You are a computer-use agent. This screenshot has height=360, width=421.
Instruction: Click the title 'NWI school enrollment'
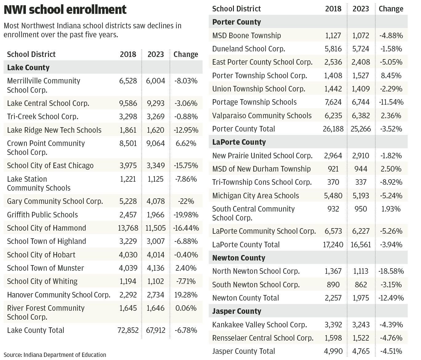click(65, 10)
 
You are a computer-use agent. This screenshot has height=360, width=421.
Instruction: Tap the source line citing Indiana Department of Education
click(55, 355)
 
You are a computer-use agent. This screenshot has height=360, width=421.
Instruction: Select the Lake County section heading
click(28, 67)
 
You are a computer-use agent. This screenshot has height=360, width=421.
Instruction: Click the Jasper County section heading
click(236, 311)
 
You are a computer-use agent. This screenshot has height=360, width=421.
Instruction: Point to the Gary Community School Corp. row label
click(55, 201)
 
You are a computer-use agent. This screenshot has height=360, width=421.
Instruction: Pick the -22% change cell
click(186, 201)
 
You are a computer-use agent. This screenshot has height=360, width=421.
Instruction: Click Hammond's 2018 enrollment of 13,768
click(128, 228)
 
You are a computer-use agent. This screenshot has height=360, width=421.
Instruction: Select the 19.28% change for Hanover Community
click(186, 295)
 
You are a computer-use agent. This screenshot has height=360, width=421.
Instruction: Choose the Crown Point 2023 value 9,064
click(155, 143)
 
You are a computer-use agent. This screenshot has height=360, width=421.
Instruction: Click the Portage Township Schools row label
click(254, 102)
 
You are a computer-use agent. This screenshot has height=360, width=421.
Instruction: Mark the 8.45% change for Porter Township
click(391, 75)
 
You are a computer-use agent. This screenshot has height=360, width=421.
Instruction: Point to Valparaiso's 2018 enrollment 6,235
click(333, 115)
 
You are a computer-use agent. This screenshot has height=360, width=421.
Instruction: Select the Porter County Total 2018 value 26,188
click(333, 129)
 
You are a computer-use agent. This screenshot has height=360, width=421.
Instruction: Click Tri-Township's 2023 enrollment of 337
click(361, 182)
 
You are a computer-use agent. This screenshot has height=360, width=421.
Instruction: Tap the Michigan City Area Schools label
click(255, 196)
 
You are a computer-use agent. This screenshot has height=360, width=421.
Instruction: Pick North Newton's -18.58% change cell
click(391, 271)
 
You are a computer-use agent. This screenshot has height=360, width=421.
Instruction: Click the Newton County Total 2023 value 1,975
click(361, 298)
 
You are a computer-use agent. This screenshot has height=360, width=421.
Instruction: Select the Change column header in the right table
click(391, 9)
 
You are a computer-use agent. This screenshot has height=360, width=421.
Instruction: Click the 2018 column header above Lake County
click(128, 54)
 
